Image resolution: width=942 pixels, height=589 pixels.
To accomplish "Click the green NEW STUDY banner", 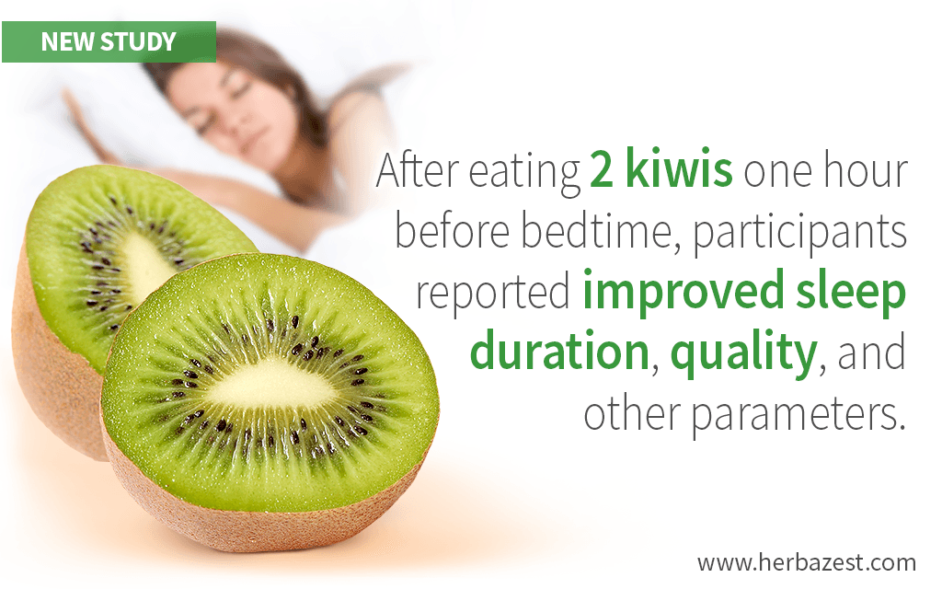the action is [x=109, y=42].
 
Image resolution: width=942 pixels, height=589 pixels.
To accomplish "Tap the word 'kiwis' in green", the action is [x=679, y=170].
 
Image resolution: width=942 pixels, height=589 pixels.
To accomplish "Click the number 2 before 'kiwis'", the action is [x=601, y=172].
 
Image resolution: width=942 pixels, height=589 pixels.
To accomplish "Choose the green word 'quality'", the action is [x=743, y=354].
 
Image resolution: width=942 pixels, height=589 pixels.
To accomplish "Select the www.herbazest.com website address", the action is [x=806, y=563].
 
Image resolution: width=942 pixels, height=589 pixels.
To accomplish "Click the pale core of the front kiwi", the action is [x=270, y=385].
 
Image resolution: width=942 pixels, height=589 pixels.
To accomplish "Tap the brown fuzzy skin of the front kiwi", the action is [x=252, y=517].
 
